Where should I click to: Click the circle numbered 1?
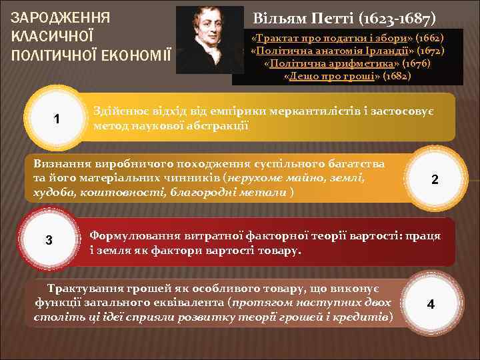coord(57,119)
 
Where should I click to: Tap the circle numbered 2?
coord(435,179)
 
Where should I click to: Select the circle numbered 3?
coord(49,240)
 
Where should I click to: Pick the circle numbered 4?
coord(431,304)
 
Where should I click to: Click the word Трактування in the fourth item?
coord(83,289)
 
